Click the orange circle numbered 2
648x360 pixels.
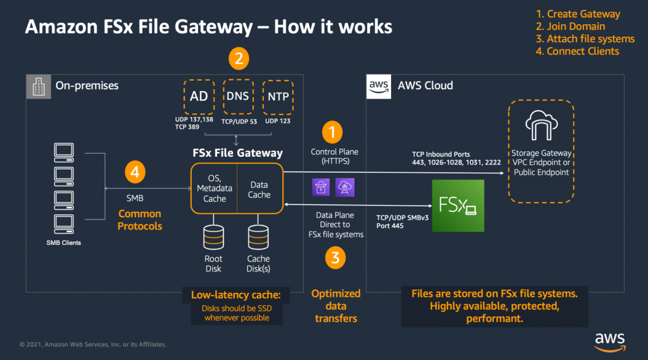click(238, 59)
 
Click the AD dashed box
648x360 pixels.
click(199, 96)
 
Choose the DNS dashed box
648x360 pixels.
click(237, 96)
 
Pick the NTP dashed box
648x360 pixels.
click(277, 96)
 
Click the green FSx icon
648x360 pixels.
click(458, 206)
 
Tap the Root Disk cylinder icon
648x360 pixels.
click(214, 238)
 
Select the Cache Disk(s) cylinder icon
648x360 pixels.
click(258, 238)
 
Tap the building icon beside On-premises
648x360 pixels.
click(37, 85)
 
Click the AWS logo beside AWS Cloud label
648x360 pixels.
click(378, 86)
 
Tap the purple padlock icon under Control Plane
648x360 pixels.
click(320, 187)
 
